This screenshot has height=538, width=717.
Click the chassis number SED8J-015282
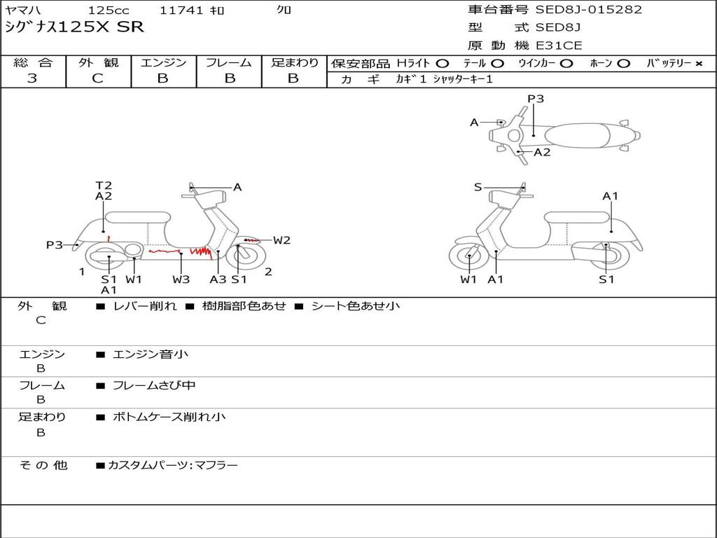588,10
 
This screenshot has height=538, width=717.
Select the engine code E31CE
559,46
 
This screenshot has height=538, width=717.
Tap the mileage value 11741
181,11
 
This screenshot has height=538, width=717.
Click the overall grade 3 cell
32,78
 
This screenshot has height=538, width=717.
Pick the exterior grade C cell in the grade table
98,78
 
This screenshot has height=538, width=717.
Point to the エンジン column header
163,63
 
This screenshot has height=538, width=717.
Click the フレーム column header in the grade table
229,63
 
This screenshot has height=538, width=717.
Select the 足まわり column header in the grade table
295,63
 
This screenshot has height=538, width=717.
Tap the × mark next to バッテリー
698,64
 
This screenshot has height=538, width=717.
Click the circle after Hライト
442,64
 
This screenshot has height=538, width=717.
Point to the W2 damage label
281,240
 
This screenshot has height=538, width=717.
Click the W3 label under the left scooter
181,280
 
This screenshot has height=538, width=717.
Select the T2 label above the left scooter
104,186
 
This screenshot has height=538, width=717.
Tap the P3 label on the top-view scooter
536,99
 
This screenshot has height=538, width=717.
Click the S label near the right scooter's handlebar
478,187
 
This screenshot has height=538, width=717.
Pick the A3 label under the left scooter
218,280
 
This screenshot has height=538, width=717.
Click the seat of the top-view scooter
580,135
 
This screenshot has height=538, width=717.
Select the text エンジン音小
150,354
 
